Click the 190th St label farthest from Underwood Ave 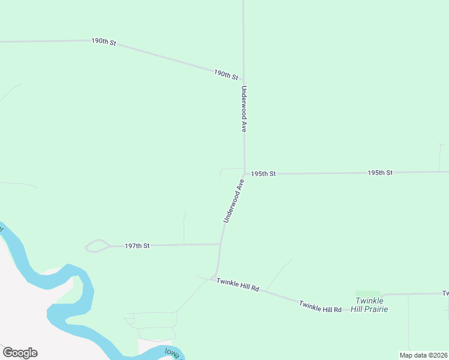103,43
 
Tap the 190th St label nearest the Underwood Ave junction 226,75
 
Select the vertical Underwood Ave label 244,109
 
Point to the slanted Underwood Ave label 234,201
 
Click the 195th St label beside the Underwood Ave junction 263,173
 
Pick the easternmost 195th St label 380,173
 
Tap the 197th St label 137,245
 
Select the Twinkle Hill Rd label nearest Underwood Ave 238,284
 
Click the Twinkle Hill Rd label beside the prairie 321,306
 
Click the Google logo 20,353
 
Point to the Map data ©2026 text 423,355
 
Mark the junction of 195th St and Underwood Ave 244,173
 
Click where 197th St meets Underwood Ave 221,244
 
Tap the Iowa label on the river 173,354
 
